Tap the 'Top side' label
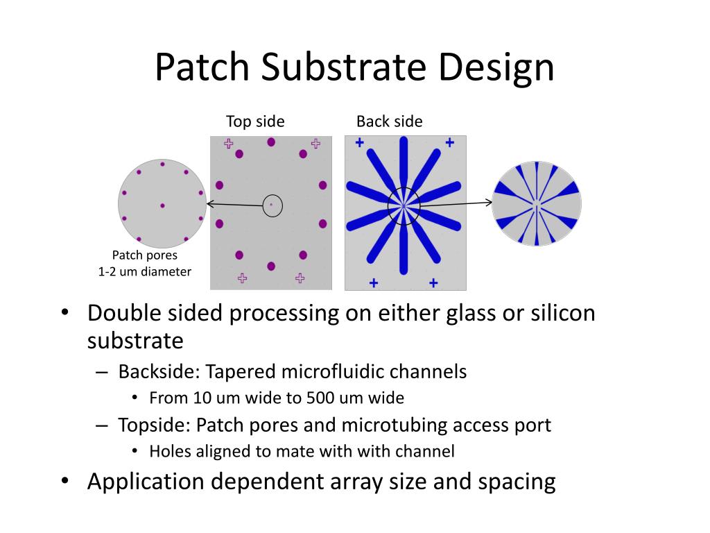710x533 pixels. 255,121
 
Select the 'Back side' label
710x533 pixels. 389,121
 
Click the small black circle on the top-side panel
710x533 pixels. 272,205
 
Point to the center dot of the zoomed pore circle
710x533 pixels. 162,205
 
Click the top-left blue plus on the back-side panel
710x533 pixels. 359,143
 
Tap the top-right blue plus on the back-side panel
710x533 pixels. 449,143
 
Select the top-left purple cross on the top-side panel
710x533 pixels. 228,144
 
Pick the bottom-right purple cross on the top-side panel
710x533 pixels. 300,278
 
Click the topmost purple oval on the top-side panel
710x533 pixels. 271,142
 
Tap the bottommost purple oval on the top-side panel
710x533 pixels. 271,266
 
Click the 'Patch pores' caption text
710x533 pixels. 145,255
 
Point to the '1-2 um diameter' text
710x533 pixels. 145,271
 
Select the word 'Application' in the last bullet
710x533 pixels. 146,482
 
